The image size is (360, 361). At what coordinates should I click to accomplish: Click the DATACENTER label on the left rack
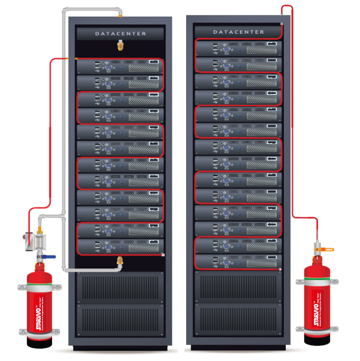(120, 34)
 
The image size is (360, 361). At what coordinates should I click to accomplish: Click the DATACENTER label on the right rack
(238, 32)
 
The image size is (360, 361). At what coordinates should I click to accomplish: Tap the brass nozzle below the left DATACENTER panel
(120, 46)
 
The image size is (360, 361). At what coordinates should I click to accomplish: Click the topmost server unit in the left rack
(120, 67)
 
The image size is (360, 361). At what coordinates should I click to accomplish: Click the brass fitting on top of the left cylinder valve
(41, 218)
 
